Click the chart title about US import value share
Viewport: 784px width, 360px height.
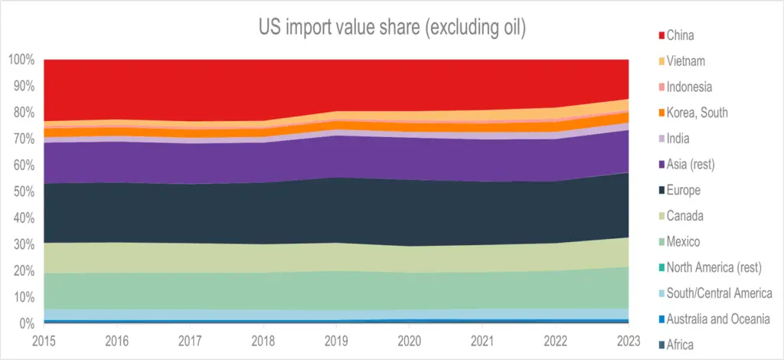click(x=392, y=28)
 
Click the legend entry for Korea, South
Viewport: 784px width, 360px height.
click(x=693, y=113)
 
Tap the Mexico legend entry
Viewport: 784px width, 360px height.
click(x=679, y=242)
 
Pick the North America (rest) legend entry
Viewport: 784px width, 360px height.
click(x=710, y=268)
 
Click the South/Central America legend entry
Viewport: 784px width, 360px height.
click(x=715, y=293)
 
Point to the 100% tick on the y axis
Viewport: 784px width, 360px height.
click(x=21, y=61)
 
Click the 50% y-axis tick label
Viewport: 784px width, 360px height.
click(x=24, y=192)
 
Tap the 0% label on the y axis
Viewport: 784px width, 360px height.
click(x=28, y=324)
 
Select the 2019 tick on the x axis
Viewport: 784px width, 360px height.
click(x=336, y=341)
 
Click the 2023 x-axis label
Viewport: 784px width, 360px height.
click(x=628, y=341)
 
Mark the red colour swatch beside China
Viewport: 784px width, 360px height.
click(x=661, y=36)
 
